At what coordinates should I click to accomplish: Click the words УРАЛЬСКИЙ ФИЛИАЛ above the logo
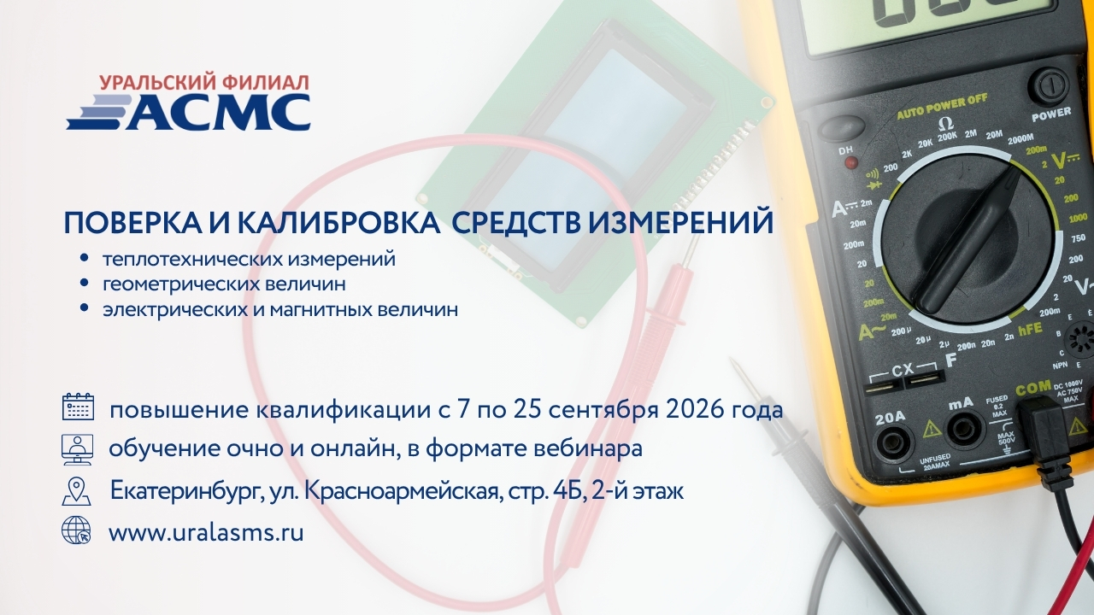(x=204, y=83)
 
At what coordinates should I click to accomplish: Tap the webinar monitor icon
(x=77, y=449)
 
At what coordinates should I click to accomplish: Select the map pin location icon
(x=77, y=490)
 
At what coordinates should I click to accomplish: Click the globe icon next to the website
(x=76, y=530)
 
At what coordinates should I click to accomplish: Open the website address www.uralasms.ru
(x=206, y=532)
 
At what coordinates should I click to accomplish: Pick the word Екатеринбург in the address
(x=186, y=491)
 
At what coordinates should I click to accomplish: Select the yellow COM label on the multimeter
(x=1033, y=388)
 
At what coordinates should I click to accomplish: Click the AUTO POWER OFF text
(x=942, y=107)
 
